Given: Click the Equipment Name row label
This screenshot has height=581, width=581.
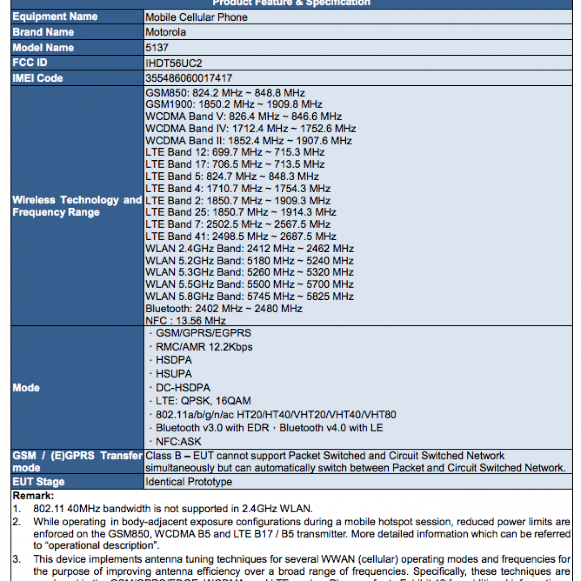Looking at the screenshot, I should pos(55,17).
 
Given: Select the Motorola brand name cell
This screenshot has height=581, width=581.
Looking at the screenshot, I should pos(166,32).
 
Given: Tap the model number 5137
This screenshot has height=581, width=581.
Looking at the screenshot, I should pos(157,48).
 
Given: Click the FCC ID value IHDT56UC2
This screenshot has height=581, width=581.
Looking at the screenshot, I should pos(174,63).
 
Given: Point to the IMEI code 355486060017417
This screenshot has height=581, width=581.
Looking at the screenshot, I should pos(189,78).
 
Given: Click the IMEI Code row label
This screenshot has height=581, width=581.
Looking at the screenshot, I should pos(38,78).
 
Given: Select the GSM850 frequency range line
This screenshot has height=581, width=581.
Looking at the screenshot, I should pos(225,93).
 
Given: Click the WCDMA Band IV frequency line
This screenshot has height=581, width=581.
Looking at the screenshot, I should pos(251,129).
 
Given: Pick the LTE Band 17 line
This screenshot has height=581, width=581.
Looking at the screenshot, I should pos(235,165).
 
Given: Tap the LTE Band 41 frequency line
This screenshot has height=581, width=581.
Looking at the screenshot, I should pos(241,237).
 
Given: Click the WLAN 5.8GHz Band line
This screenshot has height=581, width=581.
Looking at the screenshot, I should pos(249,297).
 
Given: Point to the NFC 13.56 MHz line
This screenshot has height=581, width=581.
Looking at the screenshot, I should pos(185,321).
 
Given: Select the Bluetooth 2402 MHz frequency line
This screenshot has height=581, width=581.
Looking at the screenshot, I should pos(224,309).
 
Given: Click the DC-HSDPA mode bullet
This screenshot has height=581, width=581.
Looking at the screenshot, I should pos(183,388).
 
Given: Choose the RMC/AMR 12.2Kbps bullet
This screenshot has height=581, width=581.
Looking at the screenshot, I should pos(204,347).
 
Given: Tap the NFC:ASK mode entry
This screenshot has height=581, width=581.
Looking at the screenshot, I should pos(178,442).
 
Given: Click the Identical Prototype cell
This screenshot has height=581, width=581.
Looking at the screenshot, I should pos(189,482).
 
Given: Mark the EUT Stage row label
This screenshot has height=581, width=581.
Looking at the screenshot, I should pos(39,482).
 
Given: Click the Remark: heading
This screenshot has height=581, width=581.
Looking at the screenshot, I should pos(33,496).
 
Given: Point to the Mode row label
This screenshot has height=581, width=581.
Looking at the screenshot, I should pos(26,388).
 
